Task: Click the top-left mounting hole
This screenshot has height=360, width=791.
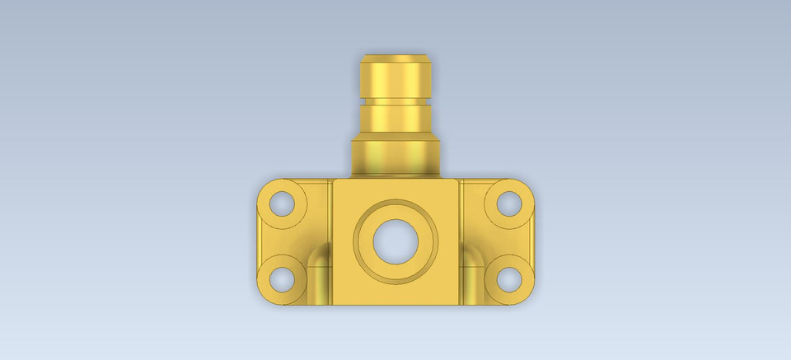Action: pyautogui.click(x=282, y=203)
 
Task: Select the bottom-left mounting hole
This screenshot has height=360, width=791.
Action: pyautogui.click(x=282, y=279)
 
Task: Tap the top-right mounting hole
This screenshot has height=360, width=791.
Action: pyautogui.click(x=509, y=203)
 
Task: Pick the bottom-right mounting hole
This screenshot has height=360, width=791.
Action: pyautogui.click(x=509, y=279)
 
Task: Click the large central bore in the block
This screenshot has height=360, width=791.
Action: pyautogui.click(x=395, y=241)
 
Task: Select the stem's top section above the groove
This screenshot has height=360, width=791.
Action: pyautogui.click(x=395, y=79)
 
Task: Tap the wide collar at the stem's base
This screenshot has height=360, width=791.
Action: pyautogui.click(x=395, y=157)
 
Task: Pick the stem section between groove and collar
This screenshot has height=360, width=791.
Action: pyautogui.click(x=395, y=119)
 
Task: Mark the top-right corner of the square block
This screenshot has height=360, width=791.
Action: pyautogui.click(x=458, y=180)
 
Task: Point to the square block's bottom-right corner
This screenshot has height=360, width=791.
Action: pyautogui.click(x=458, y=304)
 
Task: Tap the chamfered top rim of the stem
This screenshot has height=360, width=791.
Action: pyautogui.click(x=395, y=58)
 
